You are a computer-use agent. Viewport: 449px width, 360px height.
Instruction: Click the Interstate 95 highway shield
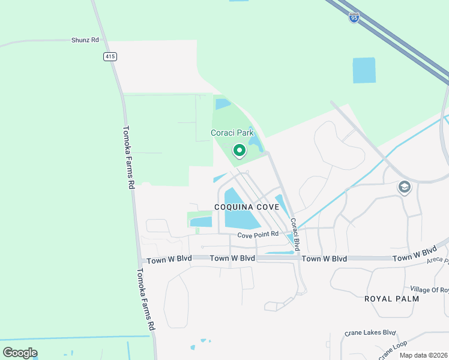coord(354,18)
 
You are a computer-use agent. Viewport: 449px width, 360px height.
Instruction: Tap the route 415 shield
coord(109,56)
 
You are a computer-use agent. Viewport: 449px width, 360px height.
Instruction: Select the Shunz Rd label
coord(85,40)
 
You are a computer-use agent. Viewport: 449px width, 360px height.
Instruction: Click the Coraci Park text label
coord(232,133)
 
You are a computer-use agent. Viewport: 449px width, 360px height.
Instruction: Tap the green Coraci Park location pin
coord(239,150)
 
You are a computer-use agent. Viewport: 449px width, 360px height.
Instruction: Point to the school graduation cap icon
coord(404,188)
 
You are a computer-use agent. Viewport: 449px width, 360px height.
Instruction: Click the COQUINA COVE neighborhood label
coord(246,207)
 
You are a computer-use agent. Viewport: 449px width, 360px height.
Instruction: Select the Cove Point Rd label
coord(258,234)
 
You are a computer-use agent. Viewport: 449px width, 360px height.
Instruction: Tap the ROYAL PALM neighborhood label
coord(390,298)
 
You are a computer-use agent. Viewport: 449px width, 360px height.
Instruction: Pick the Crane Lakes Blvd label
coord(370,332)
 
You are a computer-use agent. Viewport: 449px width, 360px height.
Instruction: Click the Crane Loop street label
coord(392,350)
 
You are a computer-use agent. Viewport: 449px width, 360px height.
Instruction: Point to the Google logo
coord(20,353)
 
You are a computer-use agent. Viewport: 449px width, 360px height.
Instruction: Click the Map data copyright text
coord(423,355)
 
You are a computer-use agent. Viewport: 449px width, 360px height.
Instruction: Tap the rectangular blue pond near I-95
coord(364,70)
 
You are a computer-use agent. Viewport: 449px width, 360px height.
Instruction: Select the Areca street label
coord(438,260)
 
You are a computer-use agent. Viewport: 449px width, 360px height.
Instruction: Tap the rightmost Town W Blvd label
coord(414,254)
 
